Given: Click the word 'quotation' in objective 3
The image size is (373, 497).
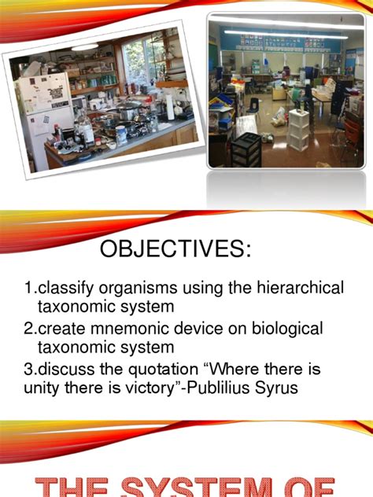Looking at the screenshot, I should tap(180, 369).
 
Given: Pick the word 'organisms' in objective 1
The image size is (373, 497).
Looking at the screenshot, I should tap(141, 289).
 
